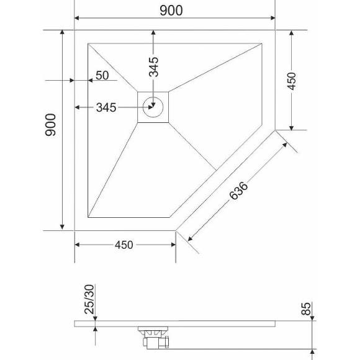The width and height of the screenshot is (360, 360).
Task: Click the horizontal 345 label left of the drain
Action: coord(107,107)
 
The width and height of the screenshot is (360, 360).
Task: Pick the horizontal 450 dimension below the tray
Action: coord(124,245)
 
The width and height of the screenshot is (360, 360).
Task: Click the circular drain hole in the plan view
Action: coord(153,107)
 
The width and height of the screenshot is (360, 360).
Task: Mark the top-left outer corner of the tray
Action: coord(75,30)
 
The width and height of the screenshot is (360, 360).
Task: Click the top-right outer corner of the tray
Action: coord(275,30)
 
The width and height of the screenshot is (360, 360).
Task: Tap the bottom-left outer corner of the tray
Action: coord(75,230)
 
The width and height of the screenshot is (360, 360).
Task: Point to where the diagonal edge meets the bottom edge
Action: coord(175,230)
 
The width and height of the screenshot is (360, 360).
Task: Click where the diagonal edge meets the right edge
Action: coord(275,130)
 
